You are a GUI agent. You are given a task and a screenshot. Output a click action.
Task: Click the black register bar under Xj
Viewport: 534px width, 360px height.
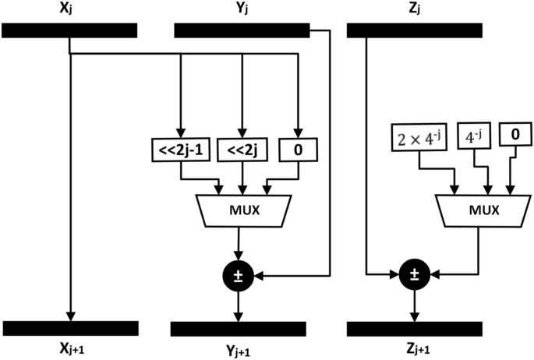pyautogui.click(x=70, y=30)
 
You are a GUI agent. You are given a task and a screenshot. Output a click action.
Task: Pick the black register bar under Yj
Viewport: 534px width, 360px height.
pyautogui.click(x=241, y=30)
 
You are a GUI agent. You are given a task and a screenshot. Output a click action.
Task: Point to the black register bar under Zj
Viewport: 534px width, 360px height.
pyautogui.click(x=412, y=30)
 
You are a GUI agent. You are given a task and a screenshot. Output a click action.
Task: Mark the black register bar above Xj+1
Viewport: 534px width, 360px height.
pyautogui.click(x=71, y=328)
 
